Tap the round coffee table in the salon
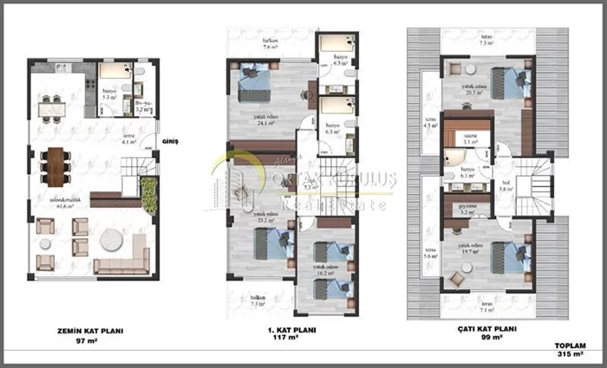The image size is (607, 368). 112,241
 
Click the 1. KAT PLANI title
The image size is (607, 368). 290,331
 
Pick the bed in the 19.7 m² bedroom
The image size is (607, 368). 508,256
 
